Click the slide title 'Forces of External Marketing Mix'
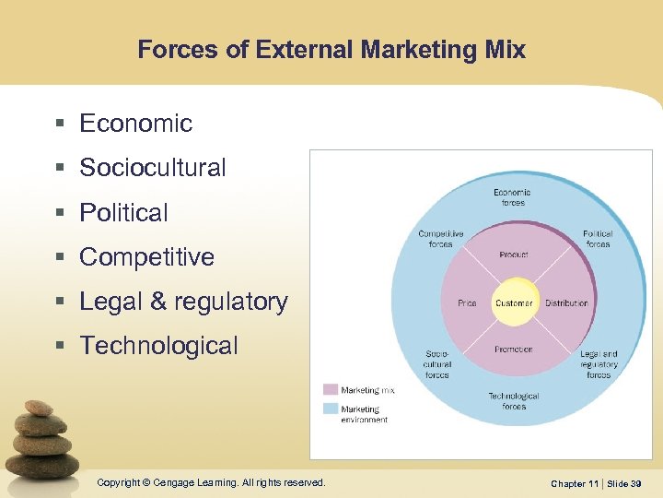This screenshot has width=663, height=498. coord(331,50)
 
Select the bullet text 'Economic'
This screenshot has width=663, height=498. coord(135,124)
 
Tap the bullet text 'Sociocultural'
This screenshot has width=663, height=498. coord(152,168)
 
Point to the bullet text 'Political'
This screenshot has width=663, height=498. coord(123,213)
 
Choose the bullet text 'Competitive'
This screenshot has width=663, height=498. coord(146,257)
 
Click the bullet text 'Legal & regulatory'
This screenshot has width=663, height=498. coord(183,302)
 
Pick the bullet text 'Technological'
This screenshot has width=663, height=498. coord(158,346)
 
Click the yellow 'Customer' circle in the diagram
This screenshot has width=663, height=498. coord(514,303)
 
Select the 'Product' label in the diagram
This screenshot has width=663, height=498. coord(514,255)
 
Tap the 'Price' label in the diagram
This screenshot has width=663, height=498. coord(467,303)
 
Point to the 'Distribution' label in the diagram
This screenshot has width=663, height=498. coord(566,303)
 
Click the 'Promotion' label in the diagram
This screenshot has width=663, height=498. coord(514,350)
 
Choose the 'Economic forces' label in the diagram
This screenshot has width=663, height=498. coord(512,197)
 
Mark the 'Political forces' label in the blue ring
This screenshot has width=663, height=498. coord(597,239)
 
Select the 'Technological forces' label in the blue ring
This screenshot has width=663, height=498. coord(513,400)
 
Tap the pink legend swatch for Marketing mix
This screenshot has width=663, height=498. coord(330,390)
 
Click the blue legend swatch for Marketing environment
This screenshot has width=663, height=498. coord(330,409)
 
